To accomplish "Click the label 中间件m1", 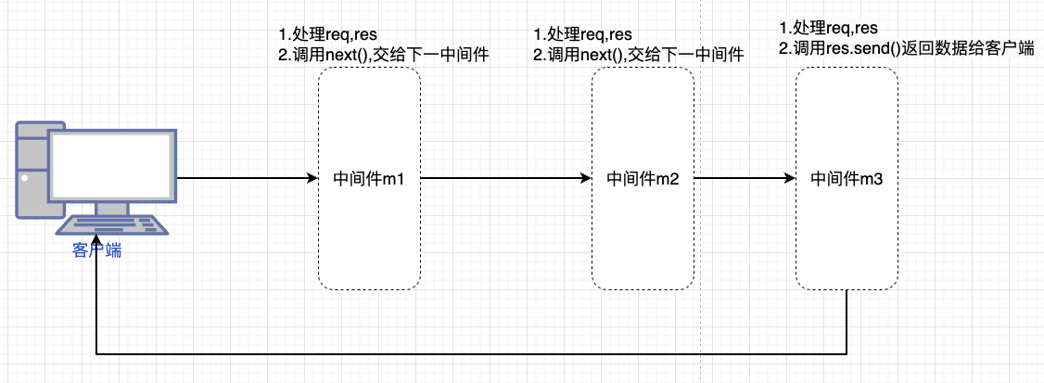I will pyautogui.click(x=368, y=179).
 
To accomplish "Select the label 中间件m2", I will pyautogui.click(x=643, y=179).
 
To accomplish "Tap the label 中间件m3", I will pyautogui.click(x=846, y=179).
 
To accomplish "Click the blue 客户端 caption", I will pyautogui.click(x=97, y=251).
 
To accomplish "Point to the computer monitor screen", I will pyautogui.click(x=112, y=166).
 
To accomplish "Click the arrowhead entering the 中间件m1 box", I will pyautogui.click(x=312, y=178).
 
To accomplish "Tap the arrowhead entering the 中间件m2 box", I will pyautogui.click(x=586, y=178).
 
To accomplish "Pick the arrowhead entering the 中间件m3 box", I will pyautogui.click(x=790, y=178).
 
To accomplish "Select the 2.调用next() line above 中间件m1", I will pyautogui.click(x=384, y=57).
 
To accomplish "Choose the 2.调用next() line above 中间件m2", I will pyautogui.click(x=639, y=57).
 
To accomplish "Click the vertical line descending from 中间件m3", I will pyautogui.click(x=847, y=321).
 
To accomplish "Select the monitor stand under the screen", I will pyautogui.click(x=112, y=210).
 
